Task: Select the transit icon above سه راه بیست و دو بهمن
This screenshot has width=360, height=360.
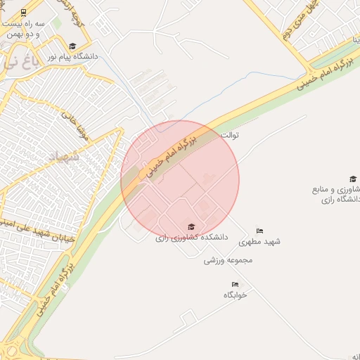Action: click(25, 13)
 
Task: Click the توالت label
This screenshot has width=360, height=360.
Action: click(230, 134)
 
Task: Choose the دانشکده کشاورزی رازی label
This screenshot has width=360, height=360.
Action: click(192, 238)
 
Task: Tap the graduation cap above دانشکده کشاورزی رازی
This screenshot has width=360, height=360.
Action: click(191, 227)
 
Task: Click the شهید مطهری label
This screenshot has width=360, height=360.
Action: click(259, 241)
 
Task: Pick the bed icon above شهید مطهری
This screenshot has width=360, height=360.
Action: click(259, 231)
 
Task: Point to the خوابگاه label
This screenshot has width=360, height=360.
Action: click(235, 295)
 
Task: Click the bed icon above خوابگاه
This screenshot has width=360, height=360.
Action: click(235, 285)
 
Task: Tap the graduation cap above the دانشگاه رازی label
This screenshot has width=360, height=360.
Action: click(352, 179)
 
